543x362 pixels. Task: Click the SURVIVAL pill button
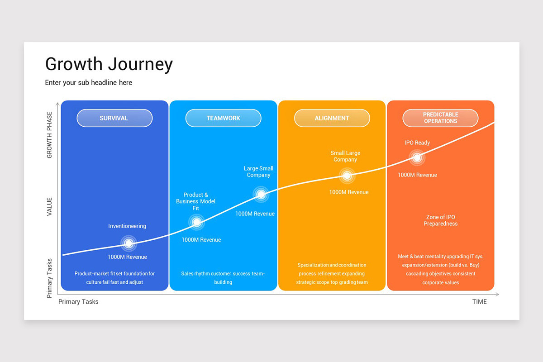114,118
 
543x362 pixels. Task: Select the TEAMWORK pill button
223,118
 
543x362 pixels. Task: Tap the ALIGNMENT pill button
332,118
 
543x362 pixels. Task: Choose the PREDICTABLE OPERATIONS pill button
440,118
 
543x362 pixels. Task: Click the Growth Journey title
109,64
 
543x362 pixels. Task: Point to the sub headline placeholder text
89,83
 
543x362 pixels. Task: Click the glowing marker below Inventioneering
129,243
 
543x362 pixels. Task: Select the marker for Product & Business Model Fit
196,222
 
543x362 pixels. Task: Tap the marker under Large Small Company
261,194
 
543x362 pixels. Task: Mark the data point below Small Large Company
347,176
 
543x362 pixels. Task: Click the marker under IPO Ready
417,157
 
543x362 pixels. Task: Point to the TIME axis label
480,302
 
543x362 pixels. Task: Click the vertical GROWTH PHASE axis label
49,135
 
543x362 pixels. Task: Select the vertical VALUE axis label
49,207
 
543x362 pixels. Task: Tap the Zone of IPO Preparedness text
440,220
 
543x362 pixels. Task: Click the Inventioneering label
127,226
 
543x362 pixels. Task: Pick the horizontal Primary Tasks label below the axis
78,302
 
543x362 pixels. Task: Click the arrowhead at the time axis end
497,295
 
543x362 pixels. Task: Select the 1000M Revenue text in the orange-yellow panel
348,192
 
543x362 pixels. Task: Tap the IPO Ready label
417,143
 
